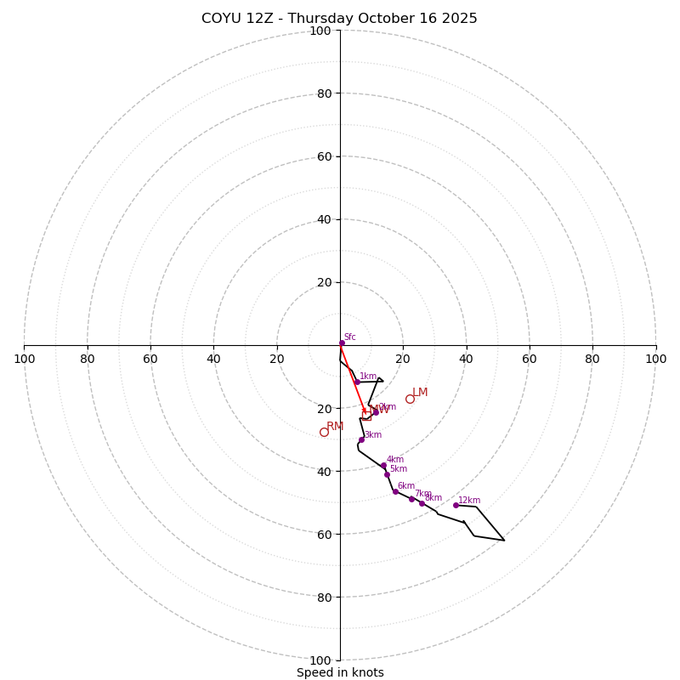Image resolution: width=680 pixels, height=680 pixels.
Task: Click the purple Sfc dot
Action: point(342,343)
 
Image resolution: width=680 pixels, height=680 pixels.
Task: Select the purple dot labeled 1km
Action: point(357,382)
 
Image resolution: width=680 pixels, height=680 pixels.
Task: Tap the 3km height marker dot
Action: point(361,439)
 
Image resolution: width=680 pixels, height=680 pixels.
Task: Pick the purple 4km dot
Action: point(383,465)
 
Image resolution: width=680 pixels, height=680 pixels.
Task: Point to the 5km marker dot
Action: point(387,474)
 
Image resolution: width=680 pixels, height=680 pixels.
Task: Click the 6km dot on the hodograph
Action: point(395,491)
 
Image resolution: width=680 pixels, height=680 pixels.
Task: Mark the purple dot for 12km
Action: point(456,505)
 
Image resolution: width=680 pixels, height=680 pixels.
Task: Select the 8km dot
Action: point(422,503)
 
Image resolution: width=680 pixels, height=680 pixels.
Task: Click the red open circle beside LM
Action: point(410,399)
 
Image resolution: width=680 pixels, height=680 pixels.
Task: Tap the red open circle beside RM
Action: point(324,432)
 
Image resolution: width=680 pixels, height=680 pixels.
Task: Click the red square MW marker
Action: point(366,416)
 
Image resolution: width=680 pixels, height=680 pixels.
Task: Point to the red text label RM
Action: point(335,426)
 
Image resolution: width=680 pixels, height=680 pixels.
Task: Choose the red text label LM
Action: point(420,392)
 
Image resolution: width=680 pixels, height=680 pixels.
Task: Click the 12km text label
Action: point(469,500)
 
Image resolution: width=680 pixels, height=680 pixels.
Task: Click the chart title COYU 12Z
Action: point(339,19)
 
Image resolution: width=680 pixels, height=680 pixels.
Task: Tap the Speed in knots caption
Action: point(340,672)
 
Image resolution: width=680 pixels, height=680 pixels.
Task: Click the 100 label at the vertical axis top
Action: point(320,31)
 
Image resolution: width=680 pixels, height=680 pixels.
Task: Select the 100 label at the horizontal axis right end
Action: point(655,359)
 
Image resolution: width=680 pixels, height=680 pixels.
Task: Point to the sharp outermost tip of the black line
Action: point(504,540)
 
